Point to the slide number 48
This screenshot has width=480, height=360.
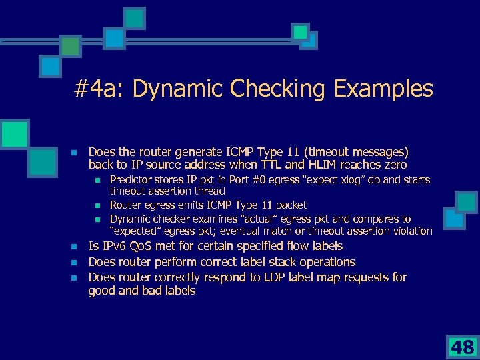pos(461,346)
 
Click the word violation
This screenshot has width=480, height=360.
pos(410,231)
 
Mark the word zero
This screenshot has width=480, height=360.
pos(394,165)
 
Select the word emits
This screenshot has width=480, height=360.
pos(191,205)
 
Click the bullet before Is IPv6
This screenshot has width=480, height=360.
pos(75,247)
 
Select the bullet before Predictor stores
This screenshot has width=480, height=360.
pos(97,180)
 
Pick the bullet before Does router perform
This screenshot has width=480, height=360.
pos(75,262)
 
